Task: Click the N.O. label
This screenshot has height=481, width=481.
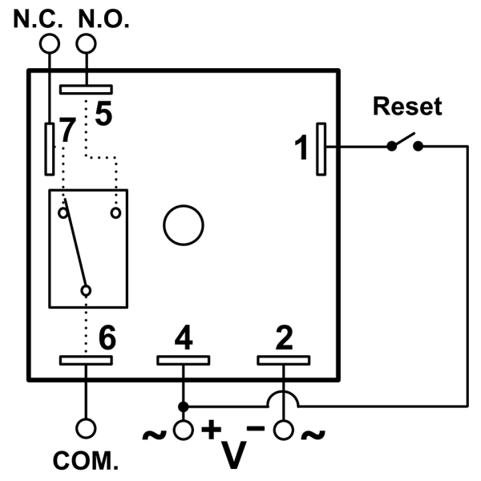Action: pyautogui.click(x=101, y=17)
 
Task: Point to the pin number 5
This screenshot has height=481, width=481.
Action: pyautogui.click(x=103, y=113)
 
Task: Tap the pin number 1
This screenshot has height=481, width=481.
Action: pyautogui.click(x=301, y=148)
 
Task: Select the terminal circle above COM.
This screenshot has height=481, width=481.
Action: pyautogui.click(x=86, y=430)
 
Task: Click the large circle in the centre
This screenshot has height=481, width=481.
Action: pyautogui.click(x=183, y=225)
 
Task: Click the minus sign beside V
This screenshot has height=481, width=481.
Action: pyautogui.click(x=256, y=427)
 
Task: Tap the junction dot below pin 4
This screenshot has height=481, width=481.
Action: pyautogui.click(x=184, y=405)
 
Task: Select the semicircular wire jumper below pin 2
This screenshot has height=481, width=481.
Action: pyautogui.click(x=284, y=397)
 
